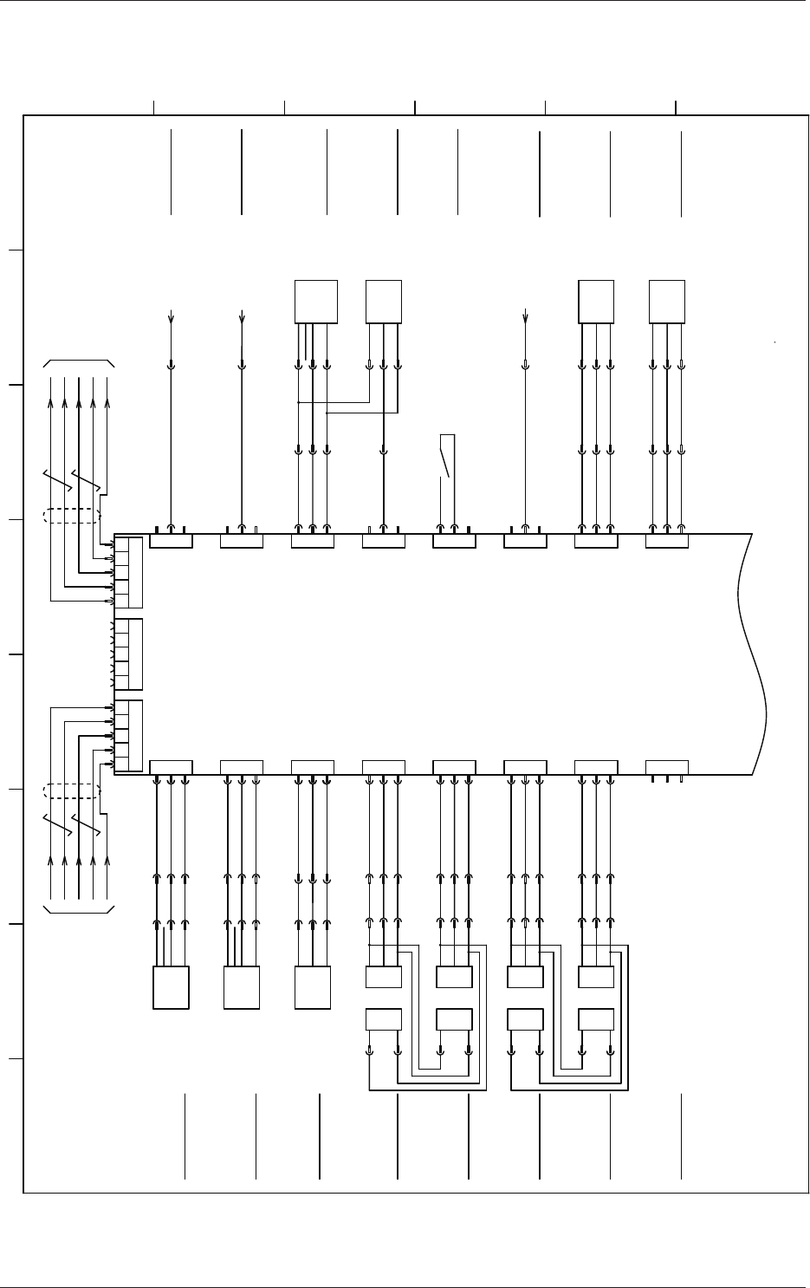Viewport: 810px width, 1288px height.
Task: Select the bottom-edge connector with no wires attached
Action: (x=667, y=767)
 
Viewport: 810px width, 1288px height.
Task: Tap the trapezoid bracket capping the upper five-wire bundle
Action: (x=79, y=361)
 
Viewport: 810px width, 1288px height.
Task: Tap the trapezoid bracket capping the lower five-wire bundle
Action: (x=79, y=909)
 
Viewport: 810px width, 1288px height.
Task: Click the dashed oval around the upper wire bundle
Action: (x=72, y=516)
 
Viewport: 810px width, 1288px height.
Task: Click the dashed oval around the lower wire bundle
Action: (x=72, y=790)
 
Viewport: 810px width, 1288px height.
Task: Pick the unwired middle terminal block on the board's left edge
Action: (x=128, y=654)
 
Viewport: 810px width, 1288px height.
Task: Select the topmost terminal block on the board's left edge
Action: (x=128, y=572)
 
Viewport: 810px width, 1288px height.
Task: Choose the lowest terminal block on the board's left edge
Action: (x=128, y=735)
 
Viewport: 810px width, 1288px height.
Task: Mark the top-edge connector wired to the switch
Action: (x=454, y=542)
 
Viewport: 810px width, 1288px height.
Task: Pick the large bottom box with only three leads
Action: (x=313, y=987)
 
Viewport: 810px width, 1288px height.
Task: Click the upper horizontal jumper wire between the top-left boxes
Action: (x=334, y=402)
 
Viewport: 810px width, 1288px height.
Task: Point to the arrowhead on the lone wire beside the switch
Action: (x=526, y=315)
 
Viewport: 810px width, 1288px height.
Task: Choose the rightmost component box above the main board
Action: (x=667, y=302)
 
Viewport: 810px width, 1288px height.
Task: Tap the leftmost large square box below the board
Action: (x=171, y=987)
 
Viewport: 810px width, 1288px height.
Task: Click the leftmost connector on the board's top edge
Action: (x=171, y=542)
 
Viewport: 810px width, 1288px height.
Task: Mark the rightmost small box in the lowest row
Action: (x=596, y=1019)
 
